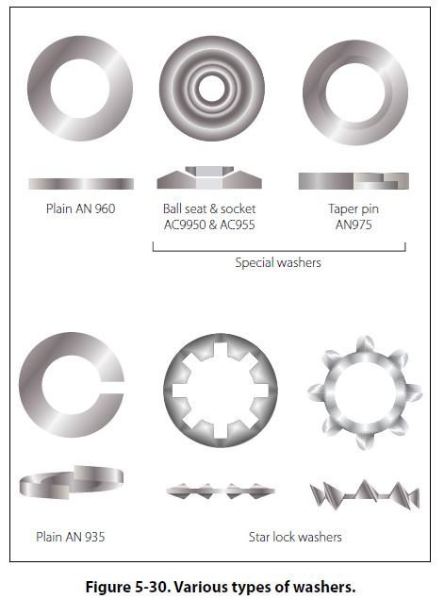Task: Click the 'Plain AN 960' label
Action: coord(80,208)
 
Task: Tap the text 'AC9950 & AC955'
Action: coord(209,225)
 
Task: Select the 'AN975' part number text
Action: coord(354,225)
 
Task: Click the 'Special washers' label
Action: coord(278,263)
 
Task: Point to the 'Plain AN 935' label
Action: coord(71,537)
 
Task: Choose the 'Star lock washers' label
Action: coord(295,537)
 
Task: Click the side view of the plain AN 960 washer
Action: coord(81,184)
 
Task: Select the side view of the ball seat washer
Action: coord(209,177)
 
